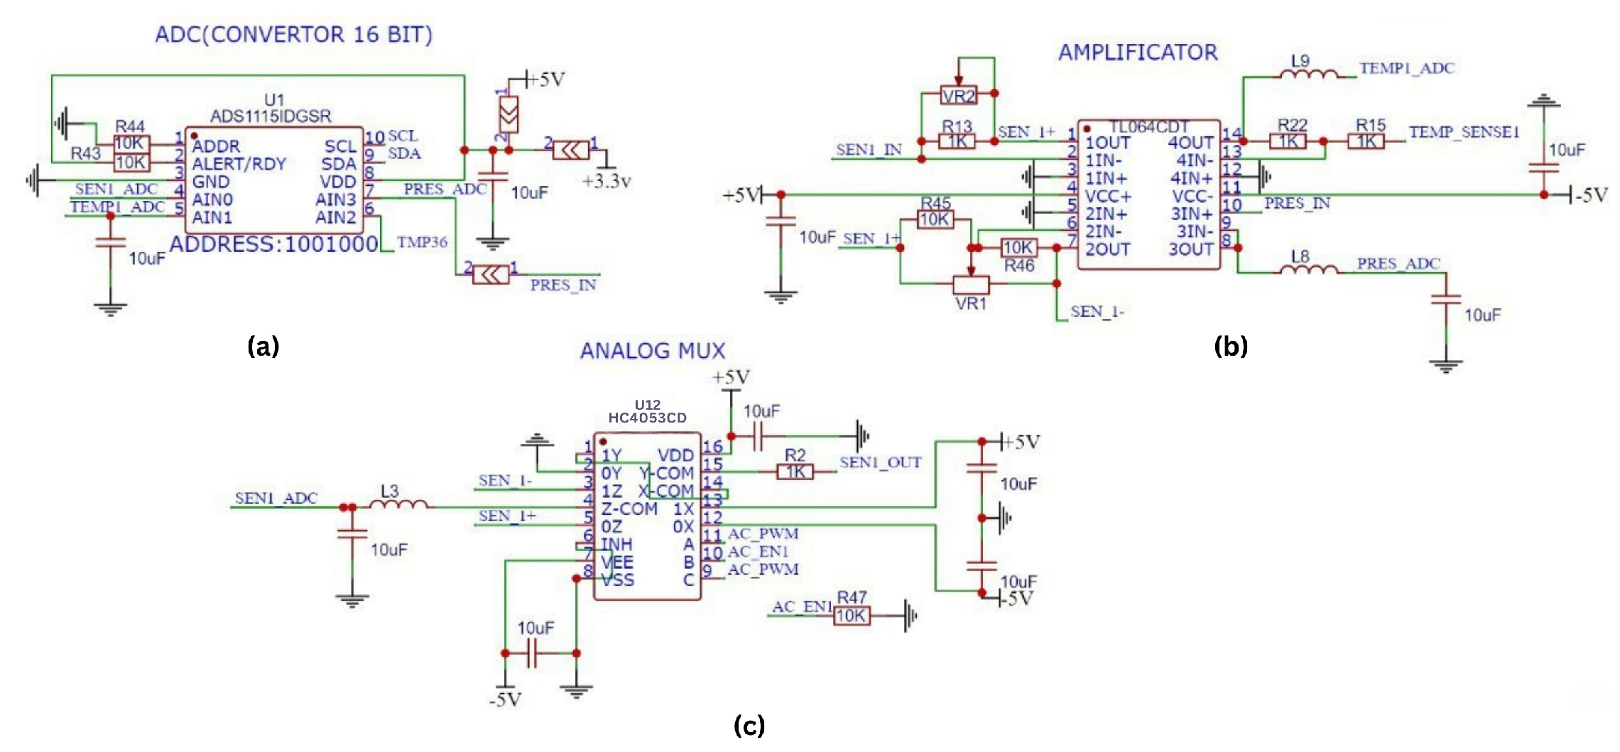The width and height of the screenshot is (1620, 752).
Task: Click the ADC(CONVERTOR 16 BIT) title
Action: (293, 35)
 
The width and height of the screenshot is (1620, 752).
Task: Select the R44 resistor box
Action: (131, 144)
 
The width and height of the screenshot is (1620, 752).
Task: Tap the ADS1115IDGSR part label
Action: (271, 116)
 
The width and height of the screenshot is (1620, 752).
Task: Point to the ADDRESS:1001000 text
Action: (273, 245)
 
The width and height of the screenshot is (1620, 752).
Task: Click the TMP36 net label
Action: (422, 243)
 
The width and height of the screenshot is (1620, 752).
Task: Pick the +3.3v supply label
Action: (606, 182)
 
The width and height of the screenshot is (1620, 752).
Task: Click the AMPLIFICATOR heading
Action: (1138, 53)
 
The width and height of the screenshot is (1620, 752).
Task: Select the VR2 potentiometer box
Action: (958, 96)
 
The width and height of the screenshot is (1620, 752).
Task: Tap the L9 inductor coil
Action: (1308, 73)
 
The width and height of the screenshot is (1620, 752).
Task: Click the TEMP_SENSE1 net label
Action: (1464, 133)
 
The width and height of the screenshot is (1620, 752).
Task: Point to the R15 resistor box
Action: (1366, 141)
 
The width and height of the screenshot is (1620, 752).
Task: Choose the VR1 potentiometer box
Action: (970, 285)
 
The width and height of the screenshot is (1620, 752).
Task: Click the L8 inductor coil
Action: (1308, 268)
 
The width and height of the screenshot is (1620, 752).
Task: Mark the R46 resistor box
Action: (1018, 248)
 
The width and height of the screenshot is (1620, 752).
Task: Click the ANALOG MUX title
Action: (653, 351)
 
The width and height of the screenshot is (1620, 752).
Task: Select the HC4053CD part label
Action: (647, 418)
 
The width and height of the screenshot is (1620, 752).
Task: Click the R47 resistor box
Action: (851, 616)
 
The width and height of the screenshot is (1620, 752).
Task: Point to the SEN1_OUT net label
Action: (880, 463)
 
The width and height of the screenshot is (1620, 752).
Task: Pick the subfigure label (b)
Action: (1230, 347)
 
